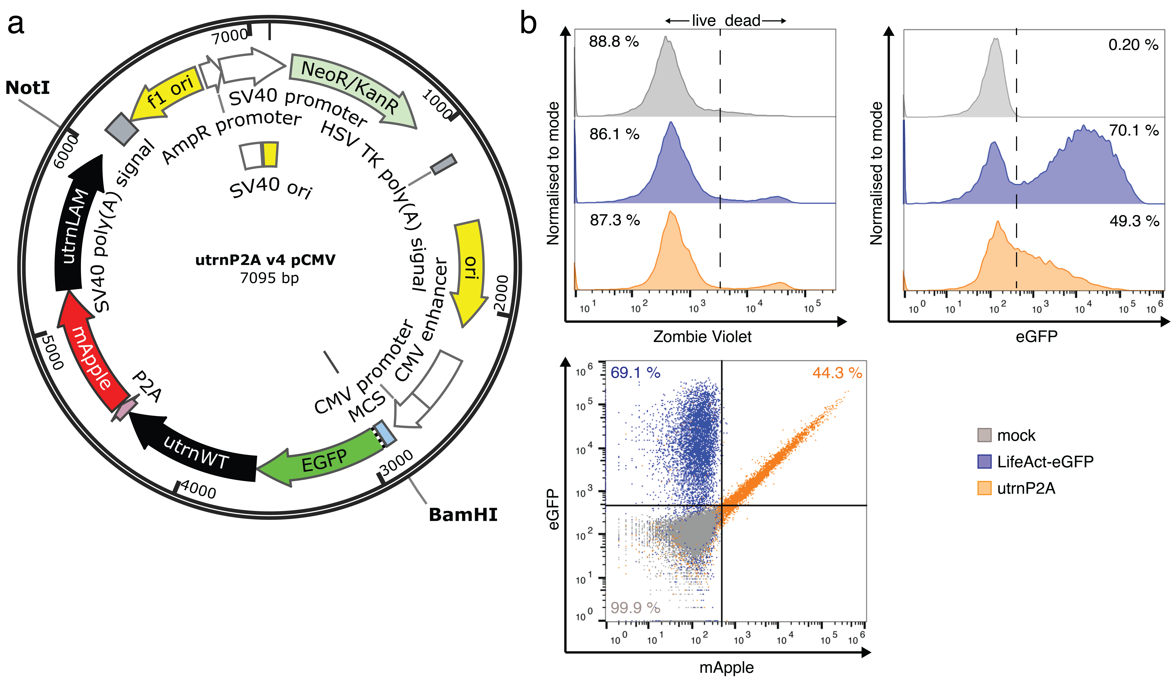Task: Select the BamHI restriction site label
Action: pos(463,515)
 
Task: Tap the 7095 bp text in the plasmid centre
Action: pos(269,278)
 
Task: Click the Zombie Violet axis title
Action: pos(702,336)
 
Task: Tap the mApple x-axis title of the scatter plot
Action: pos(726,667)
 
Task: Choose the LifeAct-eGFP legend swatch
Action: pos(984,462)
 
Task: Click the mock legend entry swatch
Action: pos(984,435)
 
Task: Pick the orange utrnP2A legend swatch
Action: pos(984,488)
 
